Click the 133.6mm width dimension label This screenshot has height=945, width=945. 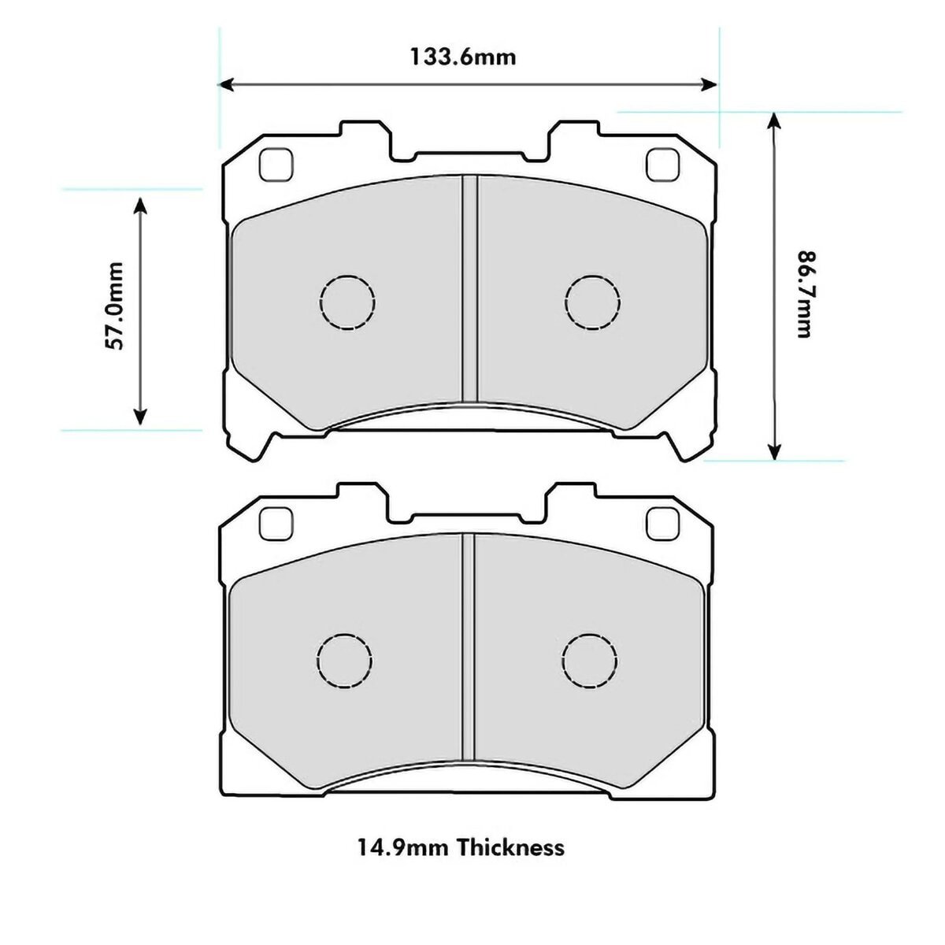pos(463,57)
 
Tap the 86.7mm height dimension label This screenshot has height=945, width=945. pos(803,295)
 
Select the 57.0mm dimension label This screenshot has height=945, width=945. pos(113,306)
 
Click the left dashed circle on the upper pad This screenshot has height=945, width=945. pos(347,302)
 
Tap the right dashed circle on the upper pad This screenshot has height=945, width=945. pos(592,302)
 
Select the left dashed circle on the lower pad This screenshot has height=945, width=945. pos(344,662)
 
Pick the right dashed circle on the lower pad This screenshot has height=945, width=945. pos(590,662)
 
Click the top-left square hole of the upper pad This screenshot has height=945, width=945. pos(276,165)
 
